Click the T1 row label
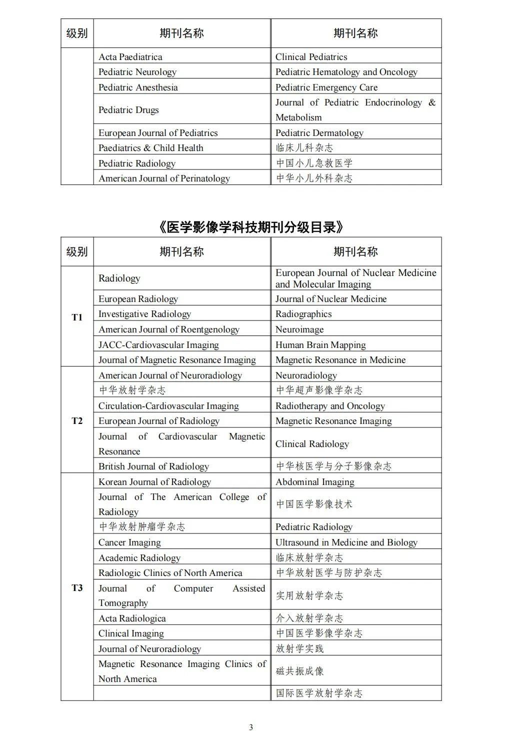77,317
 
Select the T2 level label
77,420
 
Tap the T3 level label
77,587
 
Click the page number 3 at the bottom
251,727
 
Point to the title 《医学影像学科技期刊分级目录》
251,227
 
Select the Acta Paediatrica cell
130,56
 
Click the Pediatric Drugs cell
128,109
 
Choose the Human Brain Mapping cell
320,344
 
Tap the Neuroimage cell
299,329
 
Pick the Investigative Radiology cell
144,313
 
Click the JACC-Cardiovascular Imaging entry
158,344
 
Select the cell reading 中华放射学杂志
132,390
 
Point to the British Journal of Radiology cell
153,466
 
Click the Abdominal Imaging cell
315,481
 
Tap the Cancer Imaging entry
129,542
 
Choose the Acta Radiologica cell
132,618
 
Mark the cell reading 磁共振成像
300,671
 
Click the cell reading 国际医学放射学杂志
319,693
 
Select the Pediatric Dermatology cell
319,132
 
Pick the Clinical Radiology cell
312,443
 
